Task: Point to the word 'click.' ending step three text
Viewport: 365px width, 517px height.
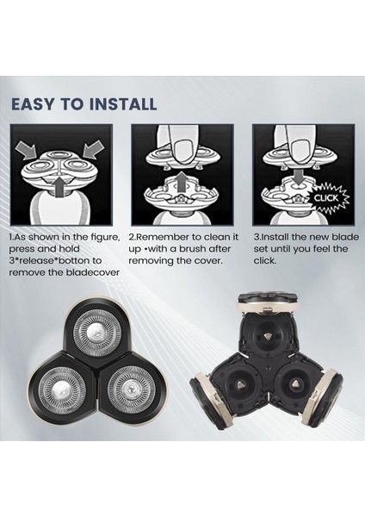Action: coord(266,259)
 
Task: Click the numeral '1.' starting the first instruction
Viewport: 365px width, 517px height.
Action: coord(13,235)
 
